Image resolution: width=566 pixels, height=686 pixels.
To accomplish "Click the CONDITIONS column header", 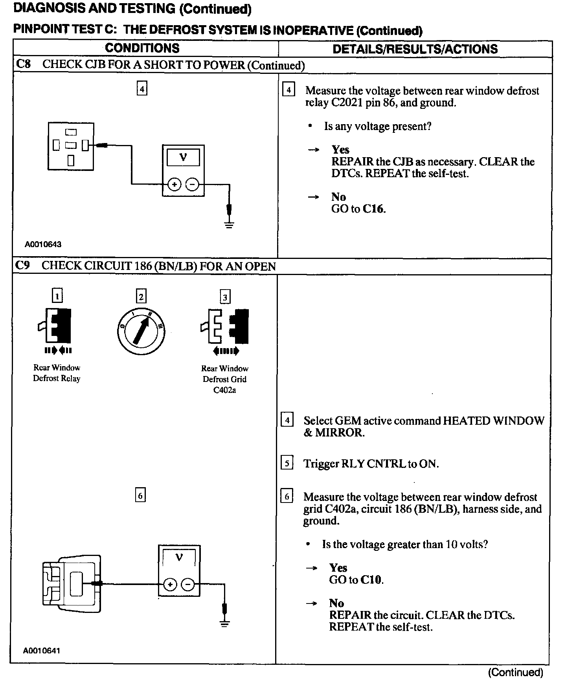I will (142, 48).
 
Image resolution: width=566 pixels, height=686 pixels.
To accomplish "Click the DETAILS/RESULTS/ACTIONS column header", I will (415, 49).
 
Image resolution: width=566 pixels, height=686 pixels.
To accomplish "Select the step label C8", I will (23, 64).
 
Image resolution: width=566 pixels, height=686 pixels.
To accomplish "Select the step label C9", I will (23, 266).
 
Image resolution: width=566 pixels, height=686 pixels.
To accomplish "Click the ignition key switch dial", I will (141, 328).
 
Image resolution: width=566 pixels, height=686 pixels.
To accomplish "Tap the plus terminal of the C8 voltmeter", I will (174, 184).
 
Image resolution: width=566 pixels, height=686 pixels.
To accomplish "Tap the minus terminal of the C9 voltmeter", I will (188, 585).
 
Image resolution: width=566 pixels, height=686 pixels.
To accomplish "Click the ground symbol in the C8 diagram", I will (229, 225).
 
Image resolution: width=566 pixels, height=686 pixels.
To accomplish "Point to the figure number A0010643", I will (43, 244).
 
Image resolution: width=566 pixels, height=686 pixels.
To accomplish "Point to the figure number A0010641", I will (41, 651).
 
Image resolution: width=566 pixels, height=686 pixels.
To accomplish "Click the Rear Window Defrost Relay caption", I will (57, 373).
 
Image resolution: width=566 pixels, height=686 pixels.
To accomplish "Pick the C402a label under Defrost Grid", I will (224, 390).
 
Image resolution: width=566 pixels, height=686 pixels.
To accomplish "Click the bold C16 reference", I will (373, 209).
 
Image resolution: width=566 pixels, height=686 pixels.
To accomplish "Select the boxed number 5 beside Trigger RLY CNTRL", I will (287, 464).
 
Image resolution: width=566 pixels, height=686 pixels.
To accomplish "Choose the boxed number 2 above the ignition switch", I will (141, 297).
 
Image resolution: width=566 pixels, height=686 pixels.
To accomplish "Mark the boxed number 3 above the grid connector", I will (225, 297).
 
